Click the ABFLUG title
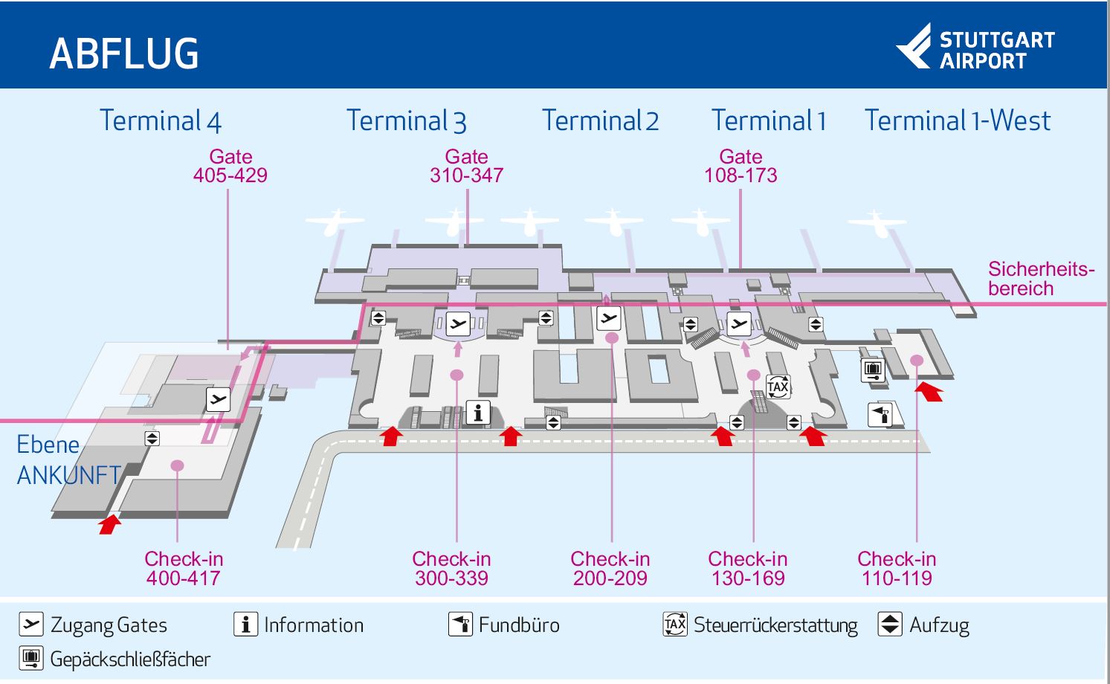tap(124, 54)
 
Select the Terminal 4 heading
tap(161, 120)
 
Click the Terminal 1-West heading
tap(958, 120)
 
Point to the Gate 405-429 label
tap(230, 167)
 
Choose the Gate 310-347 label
tap(467, 167)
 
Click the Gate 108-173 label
tap(740, 167)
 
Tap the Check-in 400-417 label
tap(184, 569)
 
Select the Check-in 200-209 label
tap(610, 569)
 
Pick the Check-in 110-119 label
tap(897, 569)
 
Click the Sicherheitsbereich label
tap(1041, 279)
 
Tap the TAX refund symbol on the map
tap(778, 387)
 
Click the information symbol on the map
tap(478, 413)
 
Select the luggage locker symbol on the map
tap(873, 370)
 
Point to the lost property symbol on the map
tap(880, 414)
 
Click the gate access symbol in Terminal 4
tap(218, 400)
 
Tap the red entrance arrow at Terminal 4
tap(110, 524)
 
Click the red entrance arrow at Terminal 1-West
tap(929, 390)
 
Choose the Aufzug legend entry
tap(923, 625)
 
